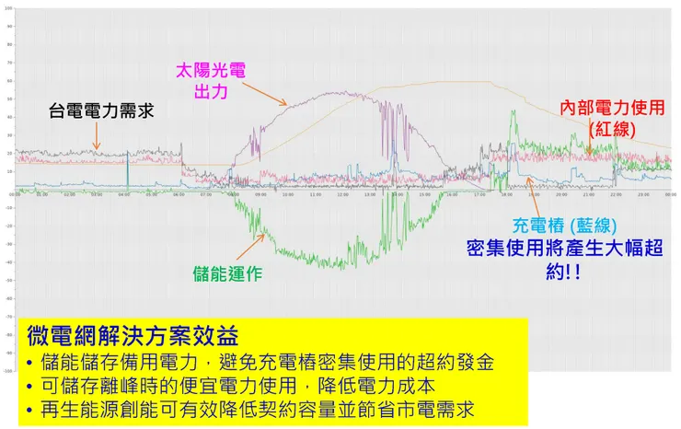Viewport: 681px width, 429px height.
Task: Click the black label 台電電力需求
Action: [100, 111]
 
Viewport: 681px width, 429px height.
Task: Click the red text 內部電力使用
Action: [611, 108]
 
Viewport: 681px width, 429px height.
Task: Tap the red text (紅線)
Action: [612, 130]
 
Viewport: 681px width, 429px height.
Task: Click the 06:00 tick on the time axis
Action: [178, 194]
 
